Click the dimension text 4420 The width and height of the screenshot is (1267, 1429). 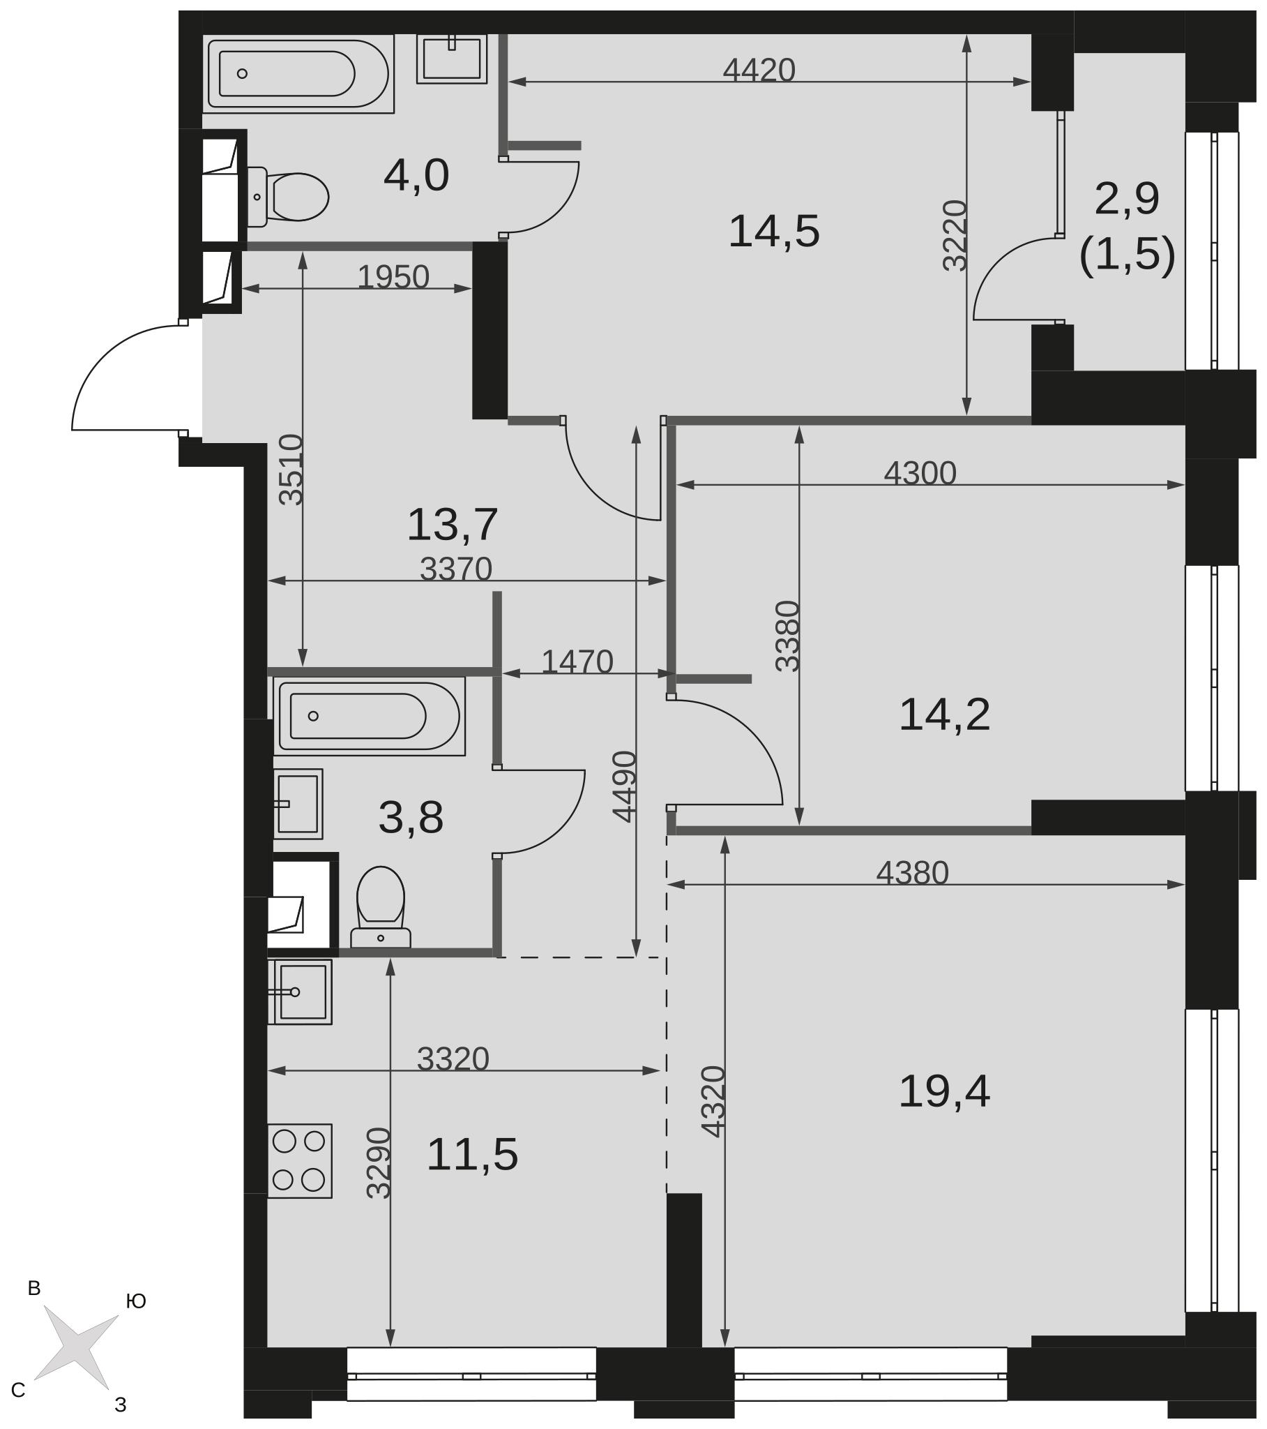[x=759, y=70]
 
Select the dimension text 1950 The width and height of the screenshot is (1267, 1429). [x=393, y=277]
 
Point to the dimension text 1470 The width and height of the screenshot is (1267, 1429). [x=577, y=661]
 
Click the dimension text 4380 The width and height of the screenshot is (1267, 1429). [x=913, y=872]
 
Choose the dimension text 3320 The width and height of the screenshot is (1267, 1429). [x=453, y=1058]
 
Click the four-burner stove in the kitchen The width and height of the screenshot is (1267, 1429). [x=300, y=1161]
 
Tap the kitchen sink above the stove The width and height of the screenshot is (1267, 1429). [x=300, y=992]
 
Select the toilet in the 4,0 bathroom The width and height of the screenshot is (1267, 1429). [x=288, y=197]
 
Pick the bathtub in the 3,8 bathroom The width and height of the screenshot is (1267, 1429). [x=369, y=715]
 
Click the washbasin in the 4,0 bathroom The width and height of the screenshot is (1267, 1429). [x=452, y=59]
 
